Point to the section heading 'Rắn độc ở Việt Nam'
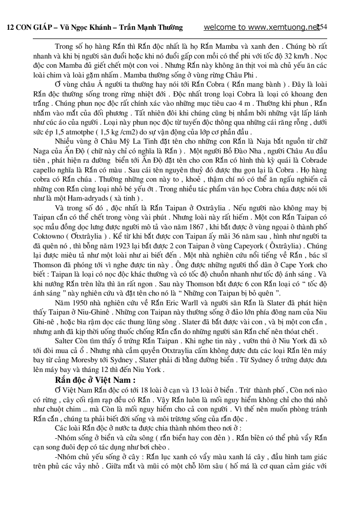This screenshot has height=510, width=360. click(x=95, y=380)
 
